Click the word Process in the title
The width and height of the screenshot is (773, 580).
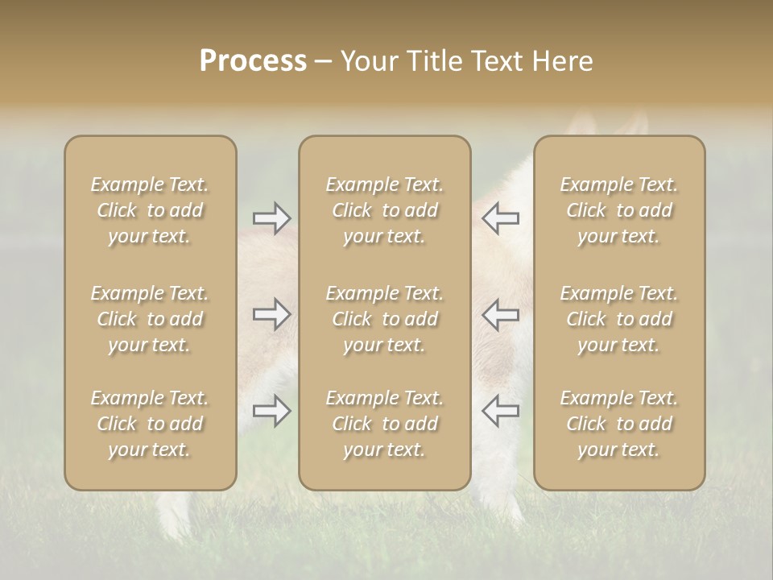(x=253, y=61)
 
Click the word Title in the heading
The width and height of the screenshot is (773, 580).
(x=432, y=61)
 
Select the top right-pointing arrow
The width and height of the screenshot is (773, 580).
(x=272, y=218)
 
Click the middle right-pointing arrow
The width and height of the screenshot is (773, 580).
(x=272, y=314)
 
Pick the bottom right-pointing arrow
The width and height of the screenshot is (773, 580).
(x=272, y=411)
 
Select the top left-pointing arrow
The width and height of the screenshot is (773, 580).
(x=501, y=218)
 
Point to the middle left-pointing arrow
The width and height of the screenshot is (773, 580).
(x=501, y=314)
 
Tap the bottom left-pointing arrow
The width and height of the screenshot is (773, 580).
(x=501, y=411)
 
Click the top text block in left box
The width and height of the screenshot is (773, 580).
(x=150, y=210)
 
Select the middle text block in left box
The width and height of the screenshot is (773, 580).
(x=150, y=319)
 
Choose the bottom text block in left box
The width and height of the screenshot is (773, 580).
(x=150, y=424)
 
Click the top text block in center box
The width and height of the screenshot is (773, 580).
(x=385, y=210)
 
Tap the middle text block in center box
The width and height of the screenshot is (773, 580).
(x=385, y=319)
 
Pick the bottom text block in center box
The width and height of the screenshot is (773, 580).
(x=385, y=424)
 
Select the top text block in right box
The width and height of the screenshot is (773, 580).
(x=619, y=210)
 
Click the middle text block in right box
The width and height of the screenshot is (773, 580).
(x=619, y=319)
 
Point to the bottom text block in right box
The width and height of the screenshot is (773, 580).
(x=619, y=424)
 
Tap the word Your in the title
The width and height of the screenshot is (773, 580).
(x=369, y=61)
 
